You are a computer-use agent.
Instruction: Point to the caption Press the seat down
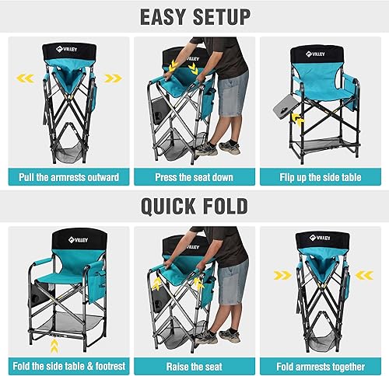(x=194, y=178)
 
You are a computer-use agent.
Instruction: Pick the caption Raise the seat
(x=194, y=365)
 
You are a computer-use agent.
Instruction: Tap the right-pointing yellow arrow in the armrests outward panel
(x=113, y=78)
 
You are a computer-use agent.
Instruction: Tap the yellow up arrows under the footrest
(x=55, y=340)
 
